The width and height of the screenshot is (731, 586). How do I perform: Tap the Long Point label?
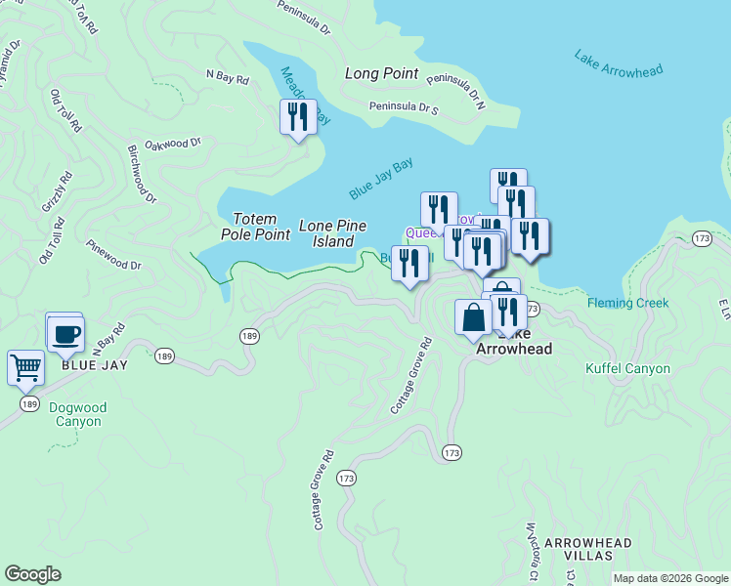coord(381,74)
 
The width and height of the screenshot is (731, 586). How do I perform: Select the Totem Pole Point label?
coord(261,227)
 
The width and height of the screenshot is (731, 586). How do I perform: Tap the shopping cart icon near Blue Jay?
coord(25,368)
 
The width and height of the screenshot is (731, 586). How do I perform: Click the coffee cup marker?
coord(66,334)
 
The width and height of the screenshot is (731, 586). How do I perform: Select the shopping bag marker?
coord(473,316)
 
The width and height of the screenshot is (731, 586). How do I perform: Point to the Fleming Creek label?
coord(628,303)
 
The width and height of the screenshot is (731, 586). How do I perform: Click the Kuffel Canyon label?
coord(627,368)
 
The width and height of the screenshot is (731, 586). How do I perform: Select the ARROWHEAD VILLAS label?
coord(587,549)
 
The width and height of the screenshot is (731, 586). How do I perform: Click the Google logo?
coord(32,574)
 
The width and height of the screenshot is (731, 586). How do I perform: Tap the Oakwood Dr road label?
coord(172,144)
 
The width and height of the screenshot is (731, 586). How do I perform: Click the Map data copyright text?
coord(669,578)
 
